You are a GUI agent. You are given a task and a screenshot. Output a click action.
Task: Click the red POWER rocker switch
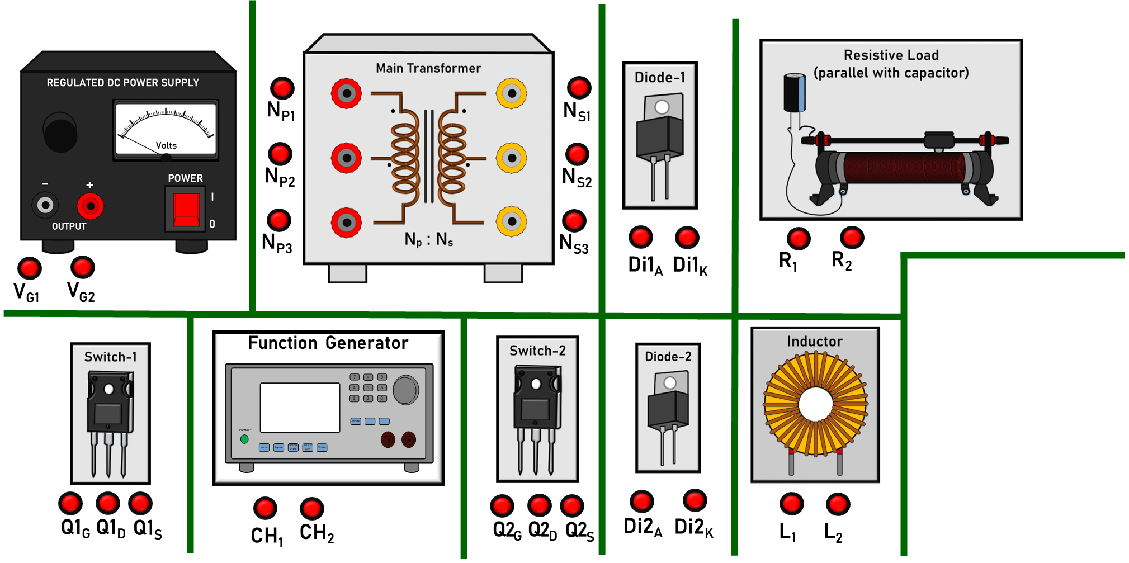point(186,209)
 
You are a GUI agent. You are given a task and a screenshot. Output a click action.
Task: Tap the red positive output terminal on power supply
point(90,206)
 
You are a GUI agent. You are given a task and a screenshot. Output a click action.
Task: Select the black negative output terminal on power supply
point(45,205)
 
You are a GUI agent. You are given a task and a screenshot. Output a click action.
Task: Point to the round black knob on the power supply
point(60,133)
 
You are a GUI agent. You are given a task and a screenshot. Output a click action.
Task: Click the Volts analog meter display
point(166,129)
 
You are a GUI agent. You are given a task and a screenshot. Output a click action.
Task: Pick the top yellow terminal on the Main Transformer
point(511,93)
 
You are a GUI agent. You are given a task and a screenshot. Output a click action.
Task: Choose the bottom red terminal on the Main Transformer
point(347,222)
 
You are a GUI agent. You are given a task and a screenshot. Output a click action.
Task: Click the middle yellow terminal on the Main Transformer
point(511,158)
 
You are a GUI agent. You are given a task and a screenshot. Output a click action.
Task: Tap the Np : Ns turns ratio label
point(428,240)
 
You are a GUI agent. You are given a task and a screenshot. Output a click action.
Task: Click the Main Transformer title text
point(428,68)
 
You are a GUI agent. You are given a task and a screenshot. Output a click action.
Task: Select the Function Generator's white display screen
point(300,408)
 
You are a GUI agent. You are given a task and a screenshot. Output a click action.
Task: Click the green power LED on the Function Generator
point(244,439)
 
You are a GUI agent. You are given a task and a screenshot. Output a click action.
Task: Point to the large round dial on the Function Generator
point(405,390)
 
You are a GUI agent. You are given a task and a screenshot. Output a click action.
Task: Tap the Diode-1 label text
point(660,77)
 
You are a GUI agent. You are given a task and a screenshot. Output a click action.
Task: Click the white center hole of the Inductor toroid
point(815,404)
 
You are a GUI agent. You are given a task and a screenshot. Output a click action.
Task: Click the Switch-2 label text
point(537,351)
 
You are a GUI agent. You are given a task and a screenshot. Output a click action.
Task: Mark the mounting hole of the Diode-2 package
point(670,383)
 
